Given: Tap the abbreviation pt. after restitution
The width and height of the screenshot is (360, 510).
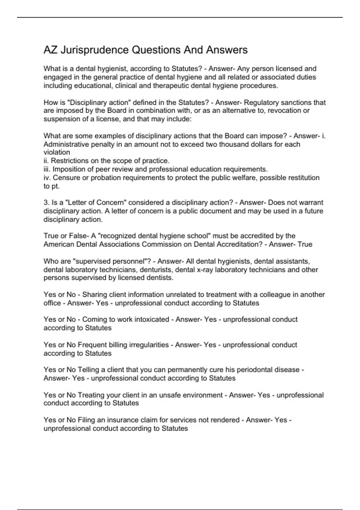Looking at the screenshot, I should tap(56, 186).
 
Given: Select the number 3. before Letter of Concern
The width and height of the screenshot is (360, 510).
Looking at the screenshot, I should tap(46, 203).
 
